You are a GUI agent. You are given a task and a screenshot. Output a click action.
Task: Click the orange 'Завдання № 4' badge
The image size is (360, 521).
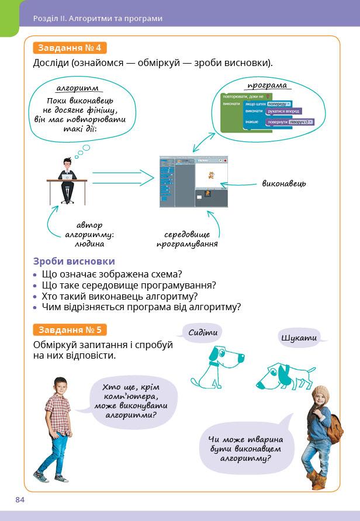pyautogui.click(x=70, y=48)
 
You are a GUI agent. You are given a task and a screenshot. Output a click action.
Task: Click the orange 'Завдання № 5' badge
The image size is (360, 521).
pyautogui.click(x=70, y=329)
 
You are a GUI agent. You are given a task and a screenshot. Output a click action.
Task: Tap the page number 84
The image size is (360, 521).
pyautogui.click(x=20, y=499)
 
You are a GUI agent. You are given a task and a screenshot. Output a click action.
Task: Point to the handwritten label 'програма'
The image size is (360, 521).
pyautogui.click(x=267, y=85)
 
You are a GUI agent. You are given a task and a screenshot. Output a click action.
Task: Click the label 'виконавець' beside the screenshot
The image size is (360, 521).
pyautogui.click(x=284, y=183)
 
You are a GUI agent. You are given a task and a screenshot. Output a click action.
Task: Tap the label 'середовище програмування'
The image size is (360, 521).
pyautogui.click(x=187, y=239)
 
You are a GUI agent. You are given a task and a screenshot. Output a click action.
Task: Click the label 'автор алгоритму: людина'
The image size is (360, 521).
pyautogui.click(x=89, y=234)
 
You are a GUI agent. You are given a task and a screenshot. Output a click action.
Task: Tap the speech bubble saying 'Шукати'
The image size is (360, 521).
pyautogui.click(x=299, y=338)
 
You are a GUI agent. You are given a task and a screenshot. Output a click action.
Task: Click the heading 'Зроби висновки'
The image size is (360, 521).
pyautogui.click(x=74, y=262)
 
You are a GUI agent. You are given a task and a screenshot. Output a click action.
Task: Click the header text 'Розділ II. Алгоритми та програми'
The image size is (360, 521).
pyautogui.click(x=98, y=18)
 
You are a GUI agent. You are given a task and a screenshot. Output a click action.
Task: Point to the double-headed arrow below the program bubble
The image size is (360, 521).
pyautogui.click(x=204, y=141)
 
